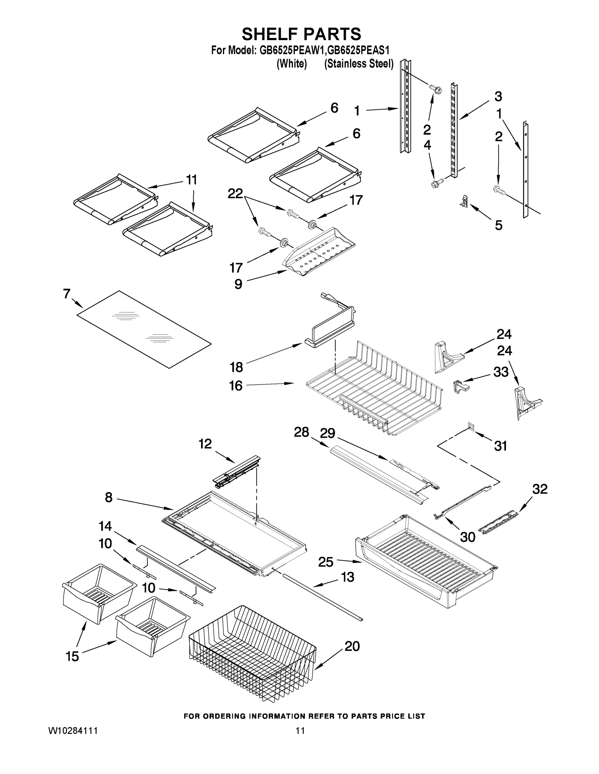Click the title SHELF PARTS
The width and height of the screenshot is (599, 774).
click(x=301, y=35)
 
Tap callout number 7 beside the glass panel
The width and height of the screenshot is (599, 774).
click(x=67, y=293)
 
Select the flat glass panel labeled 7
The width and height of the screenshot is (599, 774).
click(x=144, y=330)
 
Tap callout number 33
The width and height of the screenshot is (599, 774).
click(x=501, y=372)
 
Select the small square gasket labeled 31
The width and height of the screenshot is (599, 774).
click(x=470, y=426)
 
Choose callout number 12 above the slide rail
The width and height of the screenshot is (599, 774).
click(x=205, y=444)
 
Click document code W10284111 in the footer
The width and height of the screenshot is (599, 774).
click(x=73, y=730)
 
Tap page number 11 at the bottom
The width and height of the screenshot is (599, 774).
click(x=300, y=730)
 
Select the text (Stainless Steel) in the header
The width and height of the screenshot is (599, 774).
click(x=359, y=64)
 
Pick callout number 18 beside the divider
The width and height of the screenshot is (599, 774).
click(x=236, y=367)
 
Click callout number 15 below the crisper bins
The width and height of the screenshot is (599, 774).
click(x=72, y=656)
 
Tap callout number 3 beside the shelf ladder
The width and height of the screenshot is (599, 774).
click(x=498, y=96)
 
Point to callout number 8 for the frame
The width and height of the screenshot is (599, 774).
click(x=108, y=497)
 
